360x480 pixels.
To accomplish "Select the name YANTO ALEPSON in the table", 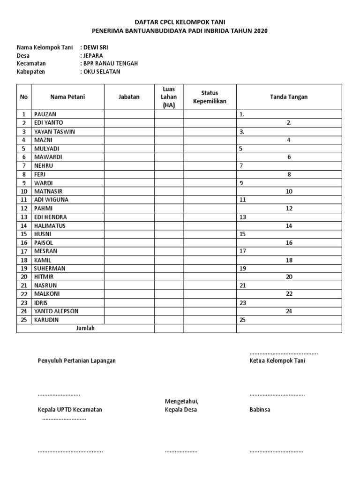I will [56, 311].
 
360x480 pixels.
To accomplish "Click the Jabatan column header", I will [129, 97].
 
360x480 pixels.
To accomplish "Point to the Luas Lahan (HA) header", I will [169, 97].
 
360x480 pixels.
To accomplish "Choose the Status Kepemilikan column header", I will [210, 97].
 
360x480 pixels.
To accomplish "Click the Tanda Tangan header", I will [289, 97].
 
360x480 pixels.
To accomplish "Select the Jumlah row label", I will [85, 328].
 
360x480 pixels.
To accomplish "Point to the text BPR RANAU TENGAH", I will [110, 63].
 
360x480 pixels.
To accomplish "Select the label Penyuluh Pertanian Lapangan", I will [76, 360].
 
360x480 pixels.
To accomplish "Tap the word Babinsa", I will [260, 409].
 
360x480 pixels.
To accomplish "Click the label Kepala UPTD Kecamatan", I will [70, 409].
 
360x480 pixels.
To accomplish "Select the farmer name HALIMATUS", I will [50, 225].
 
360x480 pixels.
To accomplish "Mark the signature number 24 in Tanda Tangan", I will [289, 311].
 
